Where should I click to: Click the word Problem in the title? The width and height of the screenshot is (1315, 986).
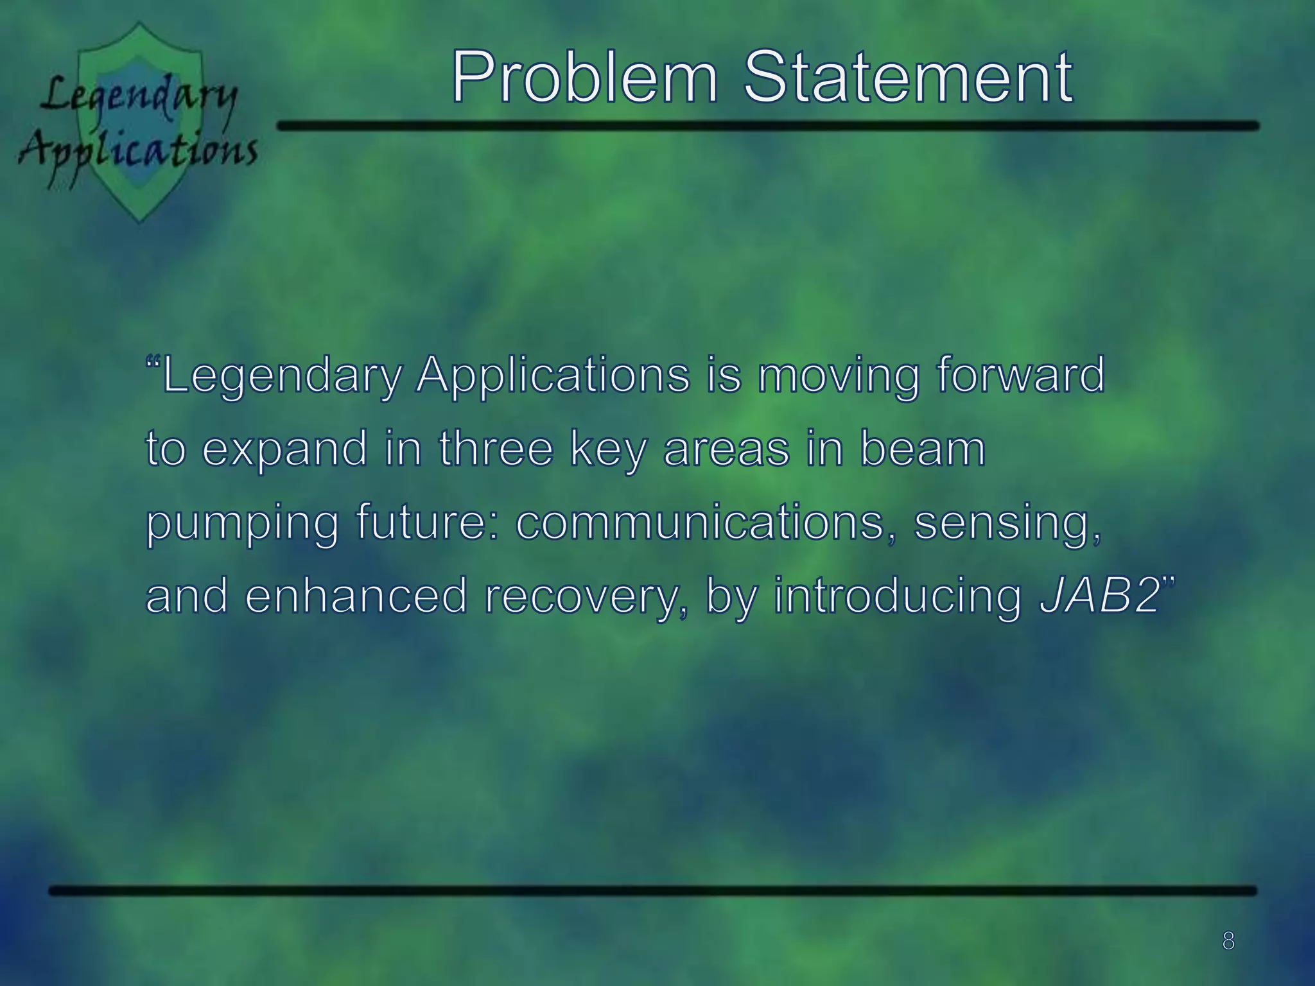584,78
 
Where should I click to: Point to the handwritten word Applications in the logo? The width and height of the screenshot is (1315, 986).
138,151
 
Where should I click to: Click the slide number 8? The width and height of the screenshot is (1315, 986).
1228,941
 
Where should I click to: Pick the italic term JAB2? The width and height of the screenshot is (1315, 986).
1099,596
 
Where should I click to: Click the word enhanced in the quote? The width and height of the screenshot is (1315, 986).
356,596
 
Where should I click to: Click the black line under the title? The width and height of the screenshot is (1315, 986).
767,126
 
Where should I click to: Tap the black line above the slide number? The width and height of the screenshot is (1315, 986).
652,890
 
